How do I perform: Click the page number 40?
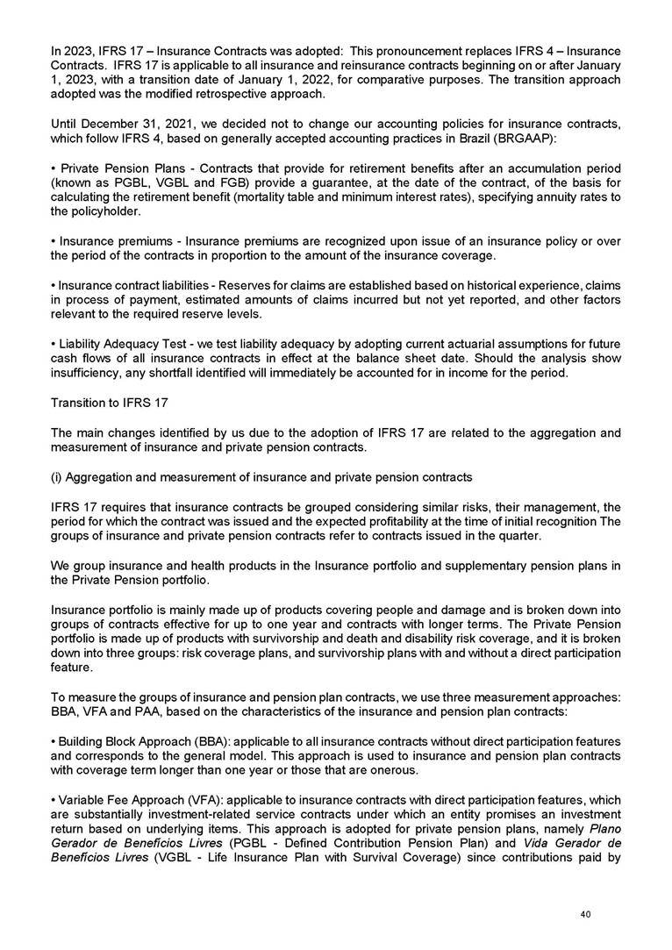[x=586, y=914]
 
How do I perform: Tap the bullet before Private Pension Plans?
[x=53, y=167]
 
